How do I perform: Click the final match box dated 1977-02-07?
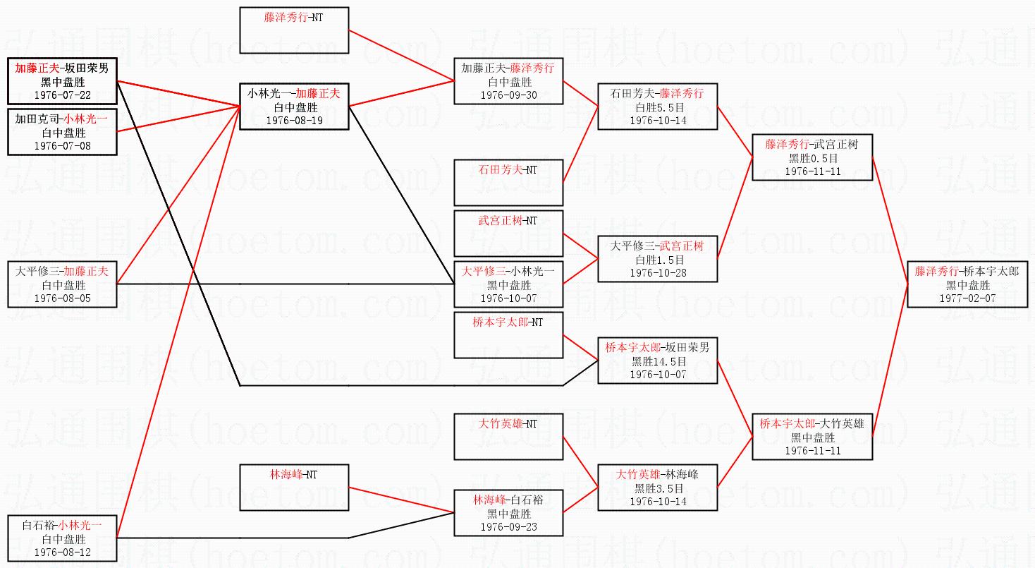tap(967, 284)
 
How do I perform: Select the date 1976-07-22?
tap(62, 94)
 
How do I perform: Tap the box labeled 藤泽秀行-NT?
tap(294, 30)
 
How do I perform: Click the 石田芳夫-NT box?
tap(508, 182)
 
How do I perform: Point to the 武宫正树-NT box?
tap(508, 233)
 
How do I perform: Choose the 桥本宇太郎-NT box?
tap(508, 334)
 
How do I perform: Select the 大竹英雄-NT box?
tap(508, 436)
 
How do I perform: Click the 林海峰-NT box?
tap(294, 487)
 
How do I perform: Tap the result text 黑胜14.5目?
tap(657, 361)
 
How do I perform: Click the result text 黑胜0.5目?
tap(812, 157)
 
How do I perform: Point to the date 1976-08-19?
tap(294, 120)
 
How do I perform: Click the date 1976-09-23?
tap(508, 526)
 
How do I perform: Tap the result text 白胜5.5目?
tap(657, 107)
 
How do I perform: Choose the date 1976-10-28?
tap(657, 272)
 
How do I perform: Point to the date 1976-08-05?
tap(62, 298)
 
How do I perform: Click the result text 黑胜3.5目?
tap(657, 488)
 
